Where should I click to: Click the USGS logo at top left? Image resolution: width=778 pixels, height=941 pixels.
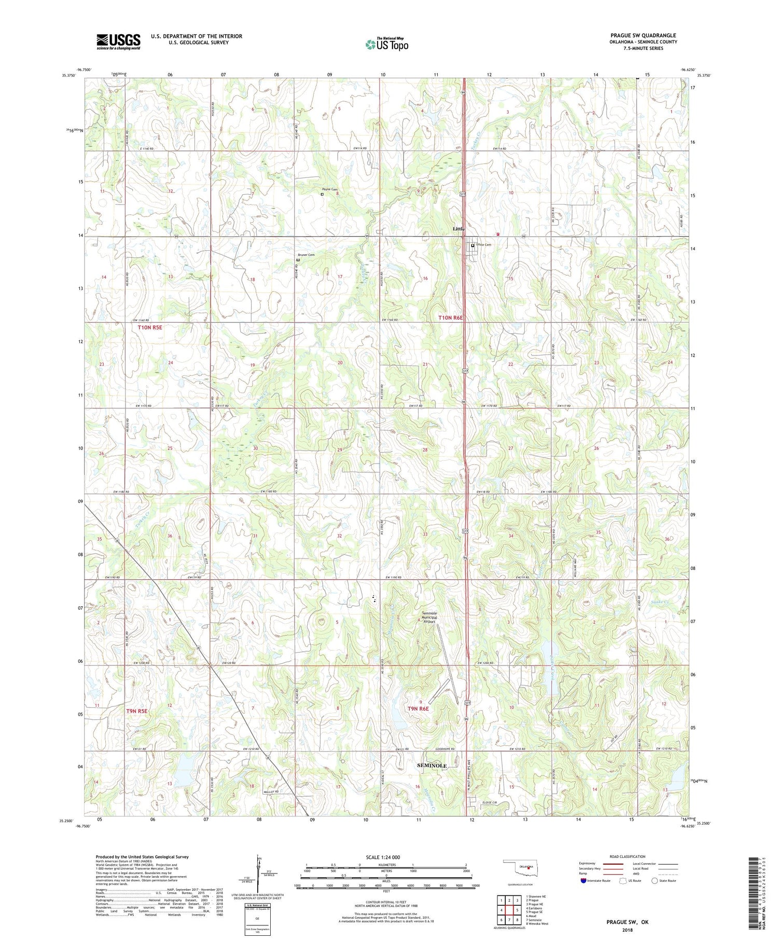coord(118,42)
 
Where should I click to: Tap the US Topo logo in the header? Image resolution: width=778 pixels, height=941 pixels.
coord(386,45)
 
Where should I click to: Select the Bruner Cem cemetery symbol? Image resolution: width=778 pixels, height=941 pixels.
coord(298,260)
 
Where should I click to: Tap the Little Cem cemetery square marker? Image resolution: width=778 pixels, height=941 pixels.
coord(473,246)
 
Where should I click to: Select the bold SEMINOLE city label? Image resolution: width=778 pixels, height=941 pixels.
coord(432,766)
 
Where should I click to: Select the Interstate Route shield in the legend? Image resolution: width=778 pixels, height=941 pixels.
coord(584,880)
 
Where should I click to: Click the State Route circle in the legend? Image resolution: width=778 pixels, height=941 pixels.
coord(655,880)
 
